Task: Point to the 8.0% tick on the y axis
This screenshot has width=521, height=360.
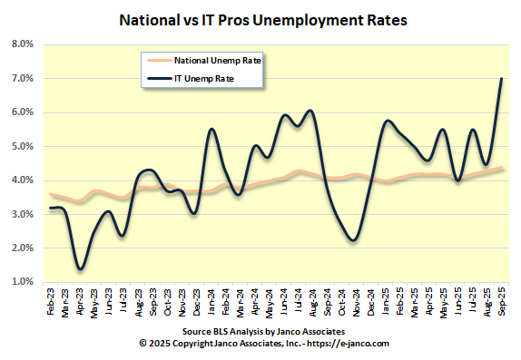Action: click(x=22, y=44)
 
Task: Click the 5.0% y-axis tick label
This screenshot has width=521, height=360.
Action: click(x=22, y=146)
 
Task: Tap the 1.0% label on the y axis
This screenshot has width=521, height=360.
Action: click(x=22, y=282)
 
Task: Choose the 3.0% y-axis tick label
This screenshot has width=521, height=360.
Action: click(x=22, y=214)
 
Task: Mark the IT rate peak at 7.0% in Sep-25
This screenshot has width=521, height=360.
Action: click(x=502, y=79)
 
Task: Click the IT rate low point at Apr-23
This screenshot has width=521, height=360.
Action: click(x=81, y=268)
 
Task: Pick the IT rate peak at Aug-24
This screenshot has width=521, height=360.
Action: click(x=311, y=111)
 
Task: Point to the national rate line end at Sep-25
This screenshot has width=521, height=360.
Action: click(x=503, y=168)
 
